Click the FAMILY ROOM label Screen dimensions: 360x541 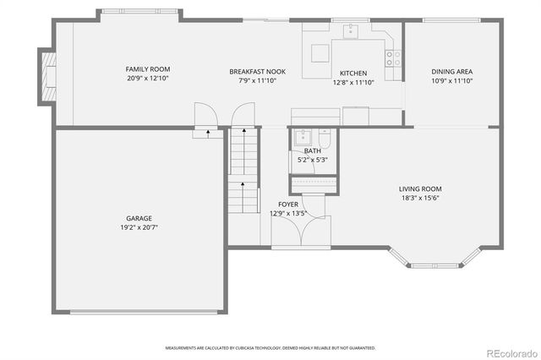pyautogui.click(x=148, y=68)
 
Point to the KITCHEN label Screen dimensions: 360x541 pyautogui.click(x=352, y=73)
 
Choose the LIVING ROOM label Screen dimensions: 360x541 pyautogui.click(x=420, y=188)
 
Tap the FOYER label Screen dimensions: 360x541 pyautogui.click(x=287, y=205)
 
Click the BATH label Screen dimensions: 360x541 pyautogui.click(x=313, y=150)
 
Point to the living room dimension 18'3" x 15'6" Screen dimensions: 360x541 pyautogui.click(x=420, y=198)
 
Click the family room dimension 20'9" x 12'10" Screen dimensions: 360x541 pyautogui.click(x=148, y=79)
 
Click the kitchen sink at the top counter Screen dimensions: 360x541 pyautogui.click(x=350, y=32)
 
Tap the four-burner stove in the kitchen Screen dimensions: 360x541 pyautogui.click(x=393, y=58)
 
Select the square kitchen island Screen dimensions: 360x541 pyautogui.click(x=320, y=53)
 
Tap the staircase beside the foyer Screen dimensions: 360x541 pyautogui.click(x=243, y=169)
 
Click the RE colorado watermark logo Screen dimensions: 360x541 pyautogui.click(x=511, y=351)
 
